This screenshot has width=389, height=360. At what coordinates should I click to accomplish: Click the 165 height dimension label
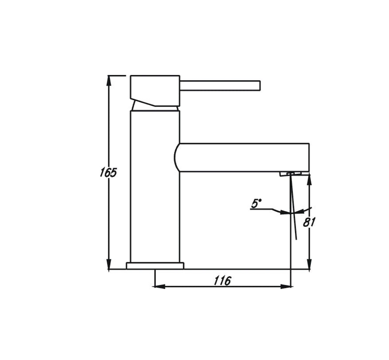[x=108, y=172]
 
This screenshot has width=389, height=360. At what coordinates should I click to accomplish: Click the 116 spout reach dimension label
[x=222, y=280]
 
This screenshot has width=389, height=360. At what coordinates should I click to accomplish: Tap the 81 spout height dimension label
[x=309, y=222]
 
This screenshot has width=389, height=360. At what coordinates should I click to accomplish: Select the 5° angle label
[x=256, y=204]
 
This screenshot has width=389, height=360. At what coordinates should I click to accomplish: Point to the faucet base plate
[x=155, y=265]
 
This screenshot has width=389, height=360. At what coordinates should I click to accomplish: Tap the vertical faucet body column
[x=155, y=185]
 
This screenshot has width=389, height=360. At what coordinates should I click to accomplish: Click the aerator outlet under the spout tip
[x=290, y=174]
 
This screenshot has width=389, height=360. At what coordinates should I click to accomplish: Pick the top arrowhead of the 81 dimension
[x=309, y=178]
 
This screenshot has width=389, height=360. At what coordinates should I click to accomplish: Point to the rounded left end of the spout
[x=176, y=157]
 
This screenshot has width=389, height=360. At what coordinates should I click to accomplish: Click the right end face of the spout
[x=309, y=157]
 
